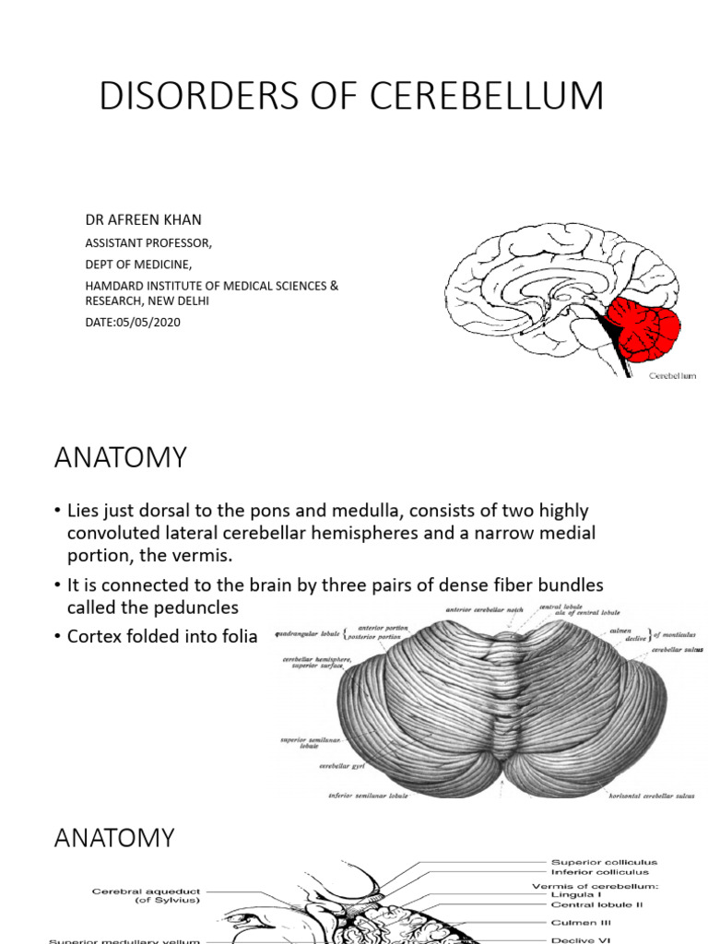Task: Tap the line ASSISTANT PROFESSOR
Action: coord(148,243)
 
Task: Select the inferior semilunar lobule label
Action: coord(369,794)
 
